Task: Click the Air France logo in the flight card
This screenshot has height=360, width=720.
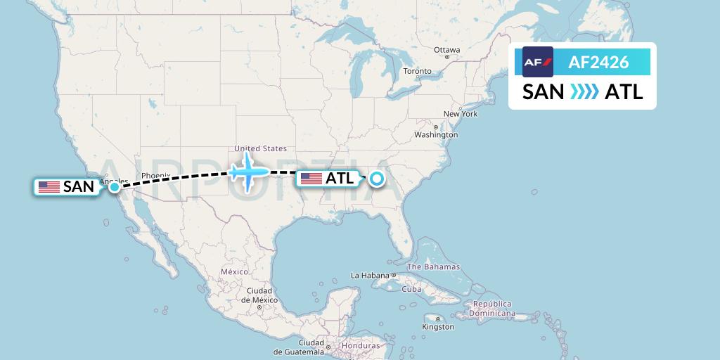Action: click(538, 63)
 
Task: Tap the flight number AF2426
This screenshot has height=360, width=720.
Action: click(598, 63)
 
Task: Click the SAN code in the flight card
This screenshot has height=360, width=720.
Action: click(543, 92)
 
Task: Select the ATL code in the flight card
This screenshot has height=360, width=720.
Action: click(624, 92)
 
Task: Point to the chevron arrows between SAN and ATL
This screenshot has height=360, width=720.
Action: click(584, 92)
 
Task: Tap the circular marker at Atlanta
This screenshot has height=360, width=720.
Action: click(377, 179)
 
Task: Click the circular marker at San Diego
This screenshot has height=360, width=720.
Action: click(114, 186)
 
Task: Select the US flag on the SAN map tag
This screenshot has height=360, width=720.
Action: click(49, 187)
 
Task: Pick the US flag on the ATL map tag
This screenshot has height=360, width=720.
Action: click(311, 179)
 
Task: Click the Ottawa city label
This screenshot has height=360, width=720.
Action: click(446, 50)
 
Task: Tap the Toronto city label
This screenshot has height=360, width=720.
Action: click(417, 72)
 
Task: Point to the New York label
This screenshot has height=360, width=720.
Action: click(460, 114)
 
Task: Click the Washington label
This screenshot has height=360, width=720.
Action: click(436, 134)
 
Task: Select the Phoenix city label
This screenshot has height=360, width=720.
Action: click(155, 176)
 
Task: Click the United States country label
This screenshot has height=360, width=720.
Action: click(260, 148)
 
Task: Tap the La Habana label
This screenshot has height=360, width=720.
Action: click(371, 275)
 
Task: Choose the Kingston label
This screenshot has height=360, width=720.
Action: click(438, 327)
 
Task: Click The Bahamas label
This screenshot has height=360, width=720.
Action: click(433, 266)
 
